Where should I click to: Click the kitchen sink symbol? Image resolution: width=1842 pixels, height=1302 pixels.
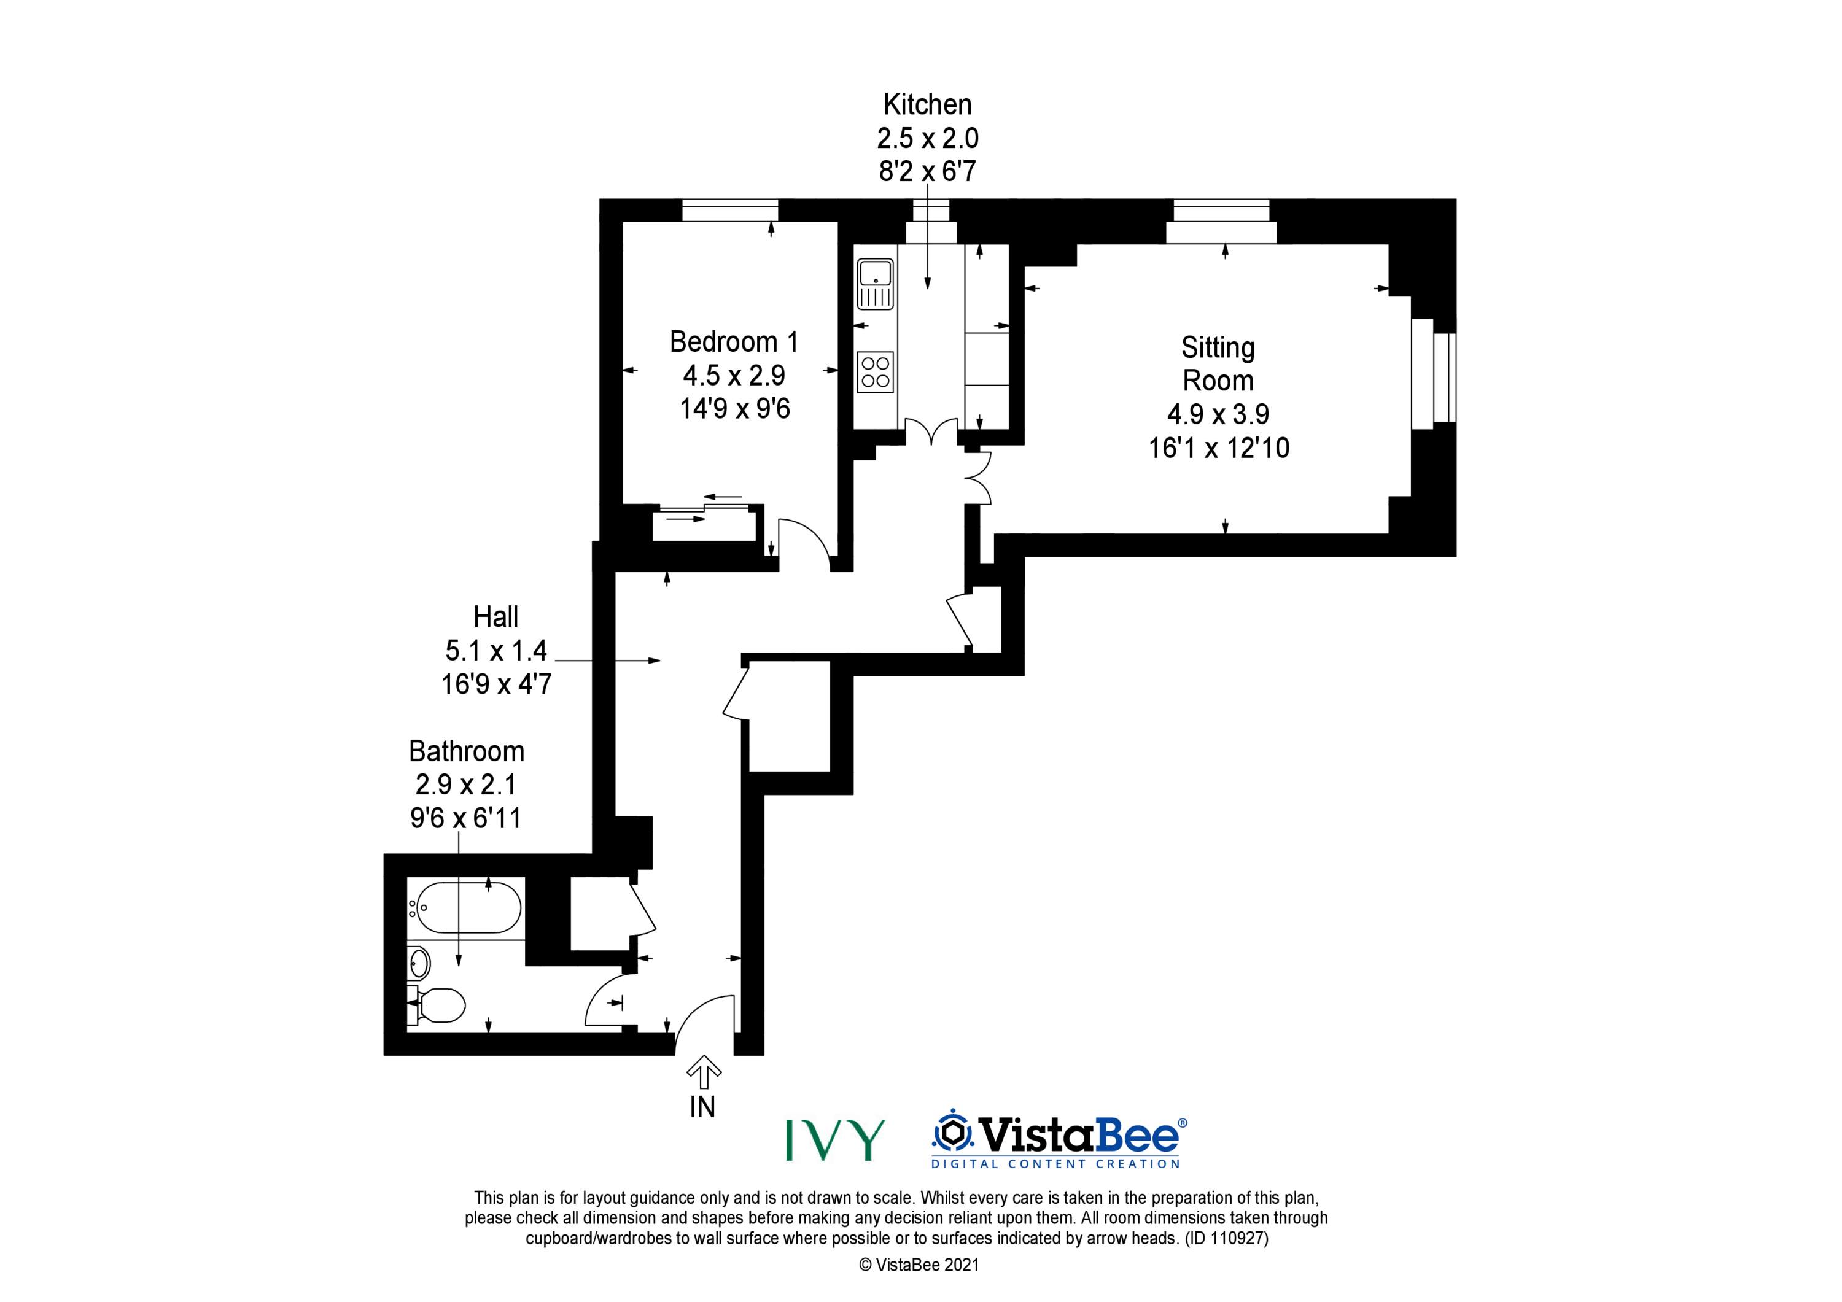(876, 284)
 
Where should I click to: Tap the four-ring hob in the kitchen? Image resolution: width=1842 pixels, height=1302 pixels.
(876, 372)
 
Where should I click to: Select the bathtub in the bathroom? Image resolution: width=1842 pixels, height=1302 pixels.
(465, 908)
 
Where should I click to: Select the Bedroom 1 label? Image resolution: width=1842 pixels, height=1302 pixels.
(734, 342)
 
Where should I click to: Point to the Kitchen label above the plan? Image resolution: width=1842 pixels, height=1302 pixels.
(927, 104)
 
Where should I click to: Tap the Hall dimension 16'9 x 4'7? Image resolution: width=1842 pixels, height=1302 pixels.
(497, 684)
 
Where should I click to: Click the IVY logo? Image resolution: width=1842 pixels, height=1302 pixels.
(834, 1140)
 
